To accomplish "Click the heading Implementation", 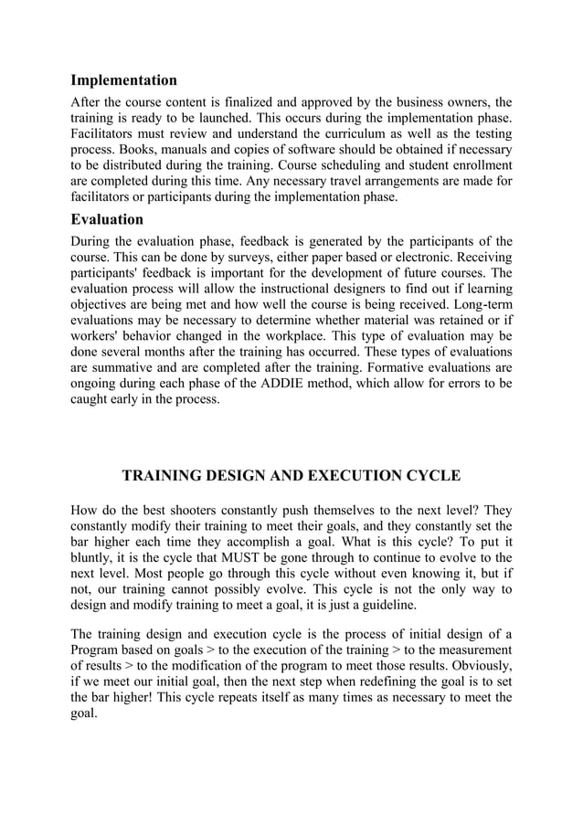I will pyautogui.click(x=124, y=80).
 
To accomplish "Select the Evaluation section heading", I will pyautogui.click(x=107, y=219).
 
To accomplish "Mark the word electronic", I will pyautogui.click(x=416, y=257).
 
